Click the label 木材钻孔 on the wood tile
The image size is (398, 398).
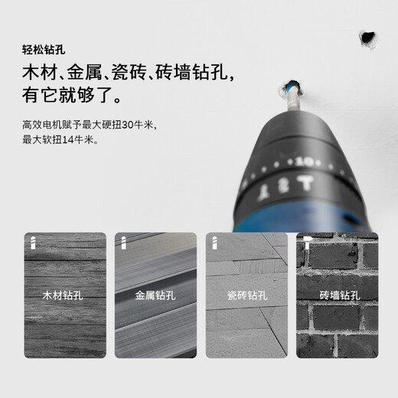tap(65, 294)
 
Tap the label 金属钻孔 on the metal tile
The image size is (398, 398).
tap(155, 294)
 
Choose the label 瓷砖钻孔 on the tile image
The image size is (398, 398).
tap(246, 294)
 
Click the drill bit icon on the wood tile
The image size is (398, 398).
tap(33, 241)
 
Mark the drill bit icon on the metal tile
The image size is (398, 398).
tap(123, 241)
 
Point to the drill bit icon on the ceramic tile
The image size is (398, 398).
tap(214, 241)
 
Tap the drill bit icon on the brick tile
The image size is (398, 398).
tap(304, 241)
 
